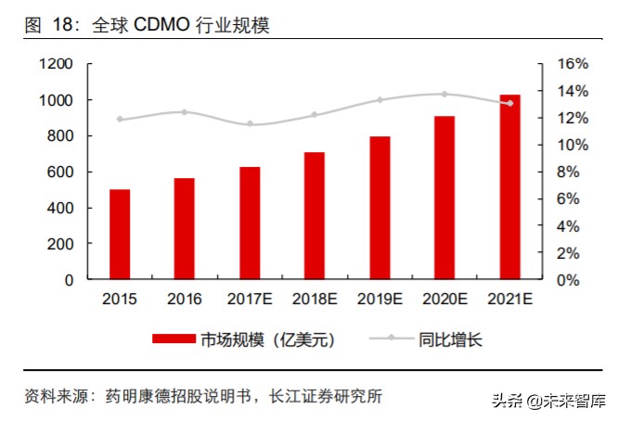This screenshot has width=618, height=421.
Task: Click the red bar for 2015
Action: click(x=120, y=234)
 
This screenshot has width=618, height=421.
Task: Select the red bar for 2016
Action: click(x=185, y=228)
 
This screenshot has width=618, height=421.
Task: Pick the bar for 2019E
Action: click(x=380, y=208)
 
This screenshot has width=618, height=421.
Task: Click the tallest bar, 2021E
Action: click(x=509, y=186)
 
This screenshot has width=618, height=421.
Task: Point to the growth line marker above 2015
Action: click(x=120, y=120)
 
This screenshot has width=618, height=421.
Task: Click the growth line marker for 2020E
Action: click(x=444, y=94)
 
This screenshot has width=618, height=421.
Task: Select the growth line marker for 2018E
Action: click(x=315, y=115)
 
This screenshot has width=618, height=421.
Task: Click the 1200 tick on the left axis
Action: click(x=55, y=64)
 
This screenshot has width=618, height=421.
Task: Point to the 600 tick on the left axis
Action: click(x=59, y=172)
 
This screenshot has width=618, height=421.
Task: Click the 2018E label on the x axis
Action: click(x=315, y=300)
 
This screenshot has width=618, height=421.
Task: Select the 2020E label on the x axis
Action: click(x=444, y=300)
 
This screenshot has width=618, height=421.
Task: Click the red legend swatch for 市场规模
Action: click(x=174, y=339)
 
